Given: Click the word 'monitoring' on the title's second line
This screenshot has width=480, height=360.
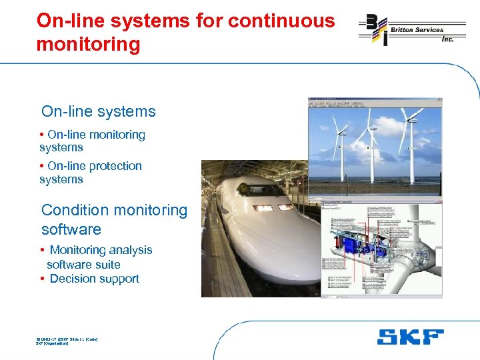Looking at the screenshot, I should click(88, 45).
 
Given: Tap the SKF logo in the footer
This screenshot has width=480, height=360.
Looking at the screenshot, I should click(410, 337).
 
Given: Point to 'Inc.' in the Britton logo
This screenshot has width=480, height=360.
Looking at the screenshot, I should click(447, 39).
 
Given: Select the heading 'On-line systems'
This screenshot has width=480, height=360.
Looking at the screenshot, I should click(98, 111).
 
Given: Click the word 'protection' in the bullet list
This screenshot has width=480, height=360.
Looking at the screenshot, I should click(114, 166).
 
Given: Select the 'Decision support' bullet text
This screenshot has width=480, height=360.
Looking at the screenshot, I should click(94, 279).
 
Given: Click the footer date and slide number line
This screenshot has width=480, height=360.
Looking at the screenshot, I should click(67, 339).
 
